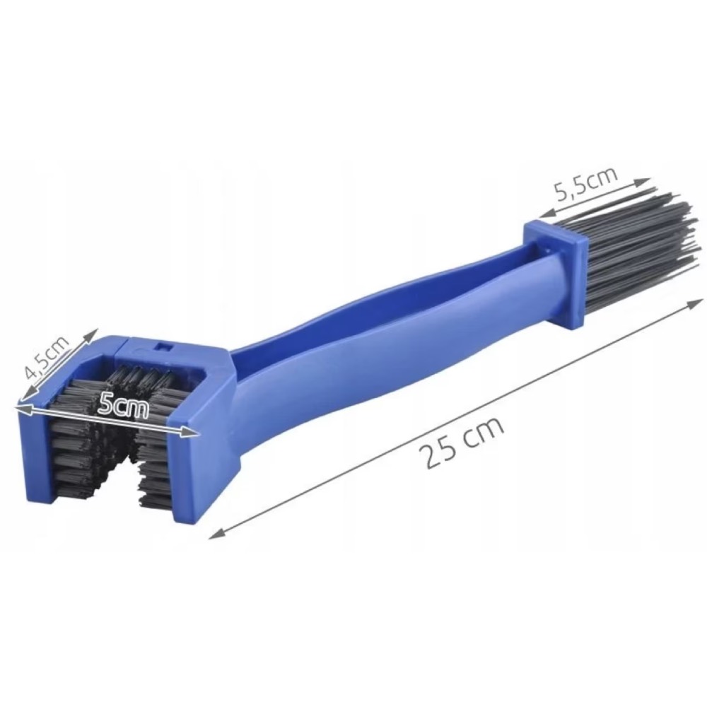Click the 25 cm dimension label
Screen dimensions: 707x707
click(461, 443)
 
